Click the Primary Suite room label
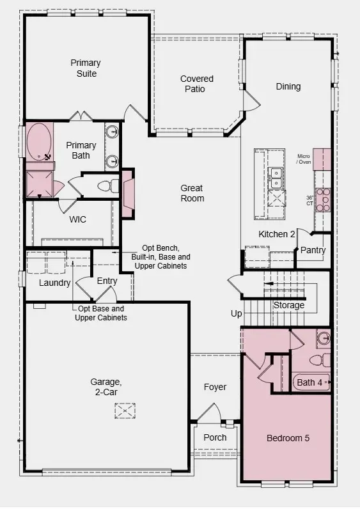(x=84, y=68)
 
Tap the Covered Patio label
(x=196, y=84)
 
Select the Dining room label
(x=288, y=86)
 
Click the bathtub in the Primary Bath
(x=40, y=141)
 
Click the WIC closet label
(x=77, y=219)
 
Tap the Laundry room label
(x=54, y=283)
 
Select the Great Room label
(x=192, y=193)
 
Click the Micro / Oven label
(x=303, y=159)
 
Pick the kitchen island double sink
(x=276, y=178)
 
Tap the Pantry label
(x=313, y=250)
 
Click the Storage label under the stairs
(x=289, y=305)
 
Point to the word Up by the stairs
(x=237, y=314)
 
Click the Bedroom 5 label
(x=288, y=439)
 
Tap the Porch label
(x=215, y=437)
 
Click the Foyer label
(x=215, y=387)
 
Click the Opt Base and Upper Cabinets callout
(x=100, y=313)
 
